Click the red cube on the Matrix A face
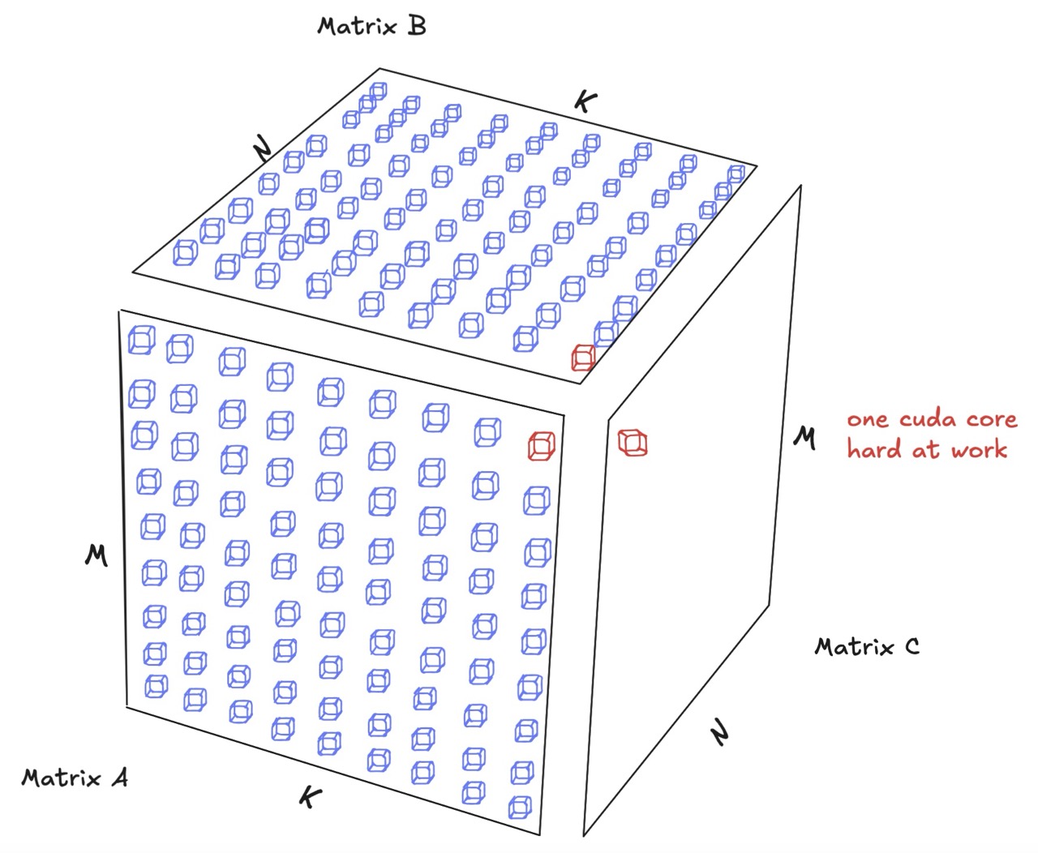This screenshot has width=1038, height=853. click(x=541, y=446)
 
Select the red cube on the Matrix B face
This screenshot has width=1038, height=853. click(x=583, y=357)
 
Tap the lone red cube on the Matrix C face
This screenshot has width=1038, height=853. click(x=633, y=442)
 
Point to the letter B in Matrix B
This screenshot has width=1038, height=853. click(x=416, y=26)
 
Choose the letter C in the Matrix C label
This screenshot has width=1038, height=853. click(x=911, y=646)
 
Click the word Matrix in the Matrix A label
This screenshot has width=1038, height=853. click(x=62, y=778)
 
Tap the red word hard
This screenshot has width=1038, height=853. click(x=875, y=450)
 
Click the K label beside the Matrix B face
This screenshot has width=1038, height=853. click(x=585, y=101)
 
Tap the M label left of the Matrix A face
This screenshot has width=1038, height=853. click(x=97, y=555)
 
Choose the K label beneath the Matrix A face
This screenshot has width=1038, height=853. click(x=308, y=797)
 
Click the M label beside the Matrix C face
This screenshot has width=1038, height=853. click(x=804, y=438)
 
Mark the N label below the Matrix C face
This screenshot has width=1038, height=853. click(x=720, y=734)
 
